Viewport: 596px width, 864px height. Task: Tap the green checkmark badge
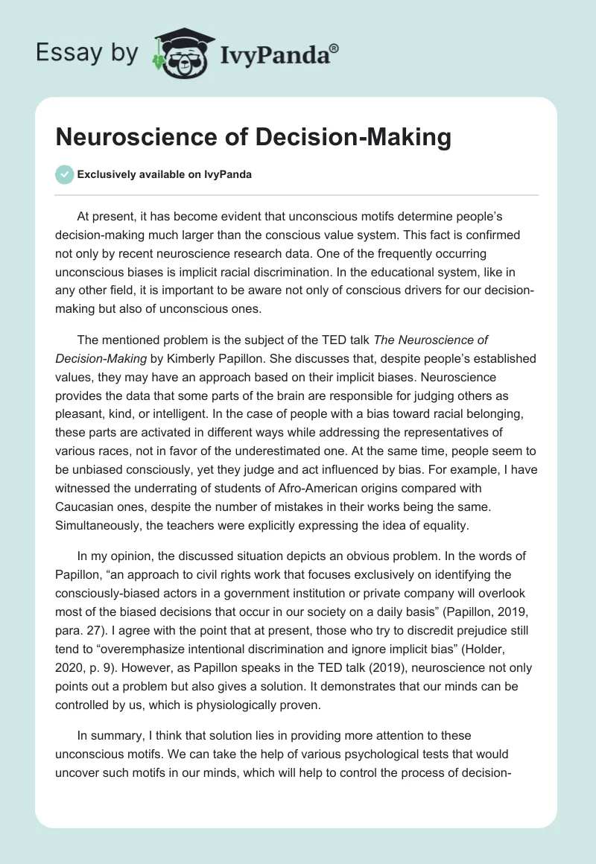65,174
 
